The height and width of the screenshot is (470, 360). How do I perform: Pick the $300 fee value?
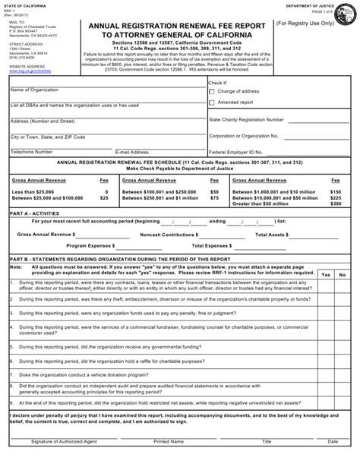[x=335, y=203]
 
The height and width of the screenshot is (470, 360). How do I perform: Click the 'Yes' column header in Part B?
[x=325, y=274]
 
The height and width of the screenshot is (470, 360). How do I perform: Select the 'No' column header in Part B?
[x=343, y=274]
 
